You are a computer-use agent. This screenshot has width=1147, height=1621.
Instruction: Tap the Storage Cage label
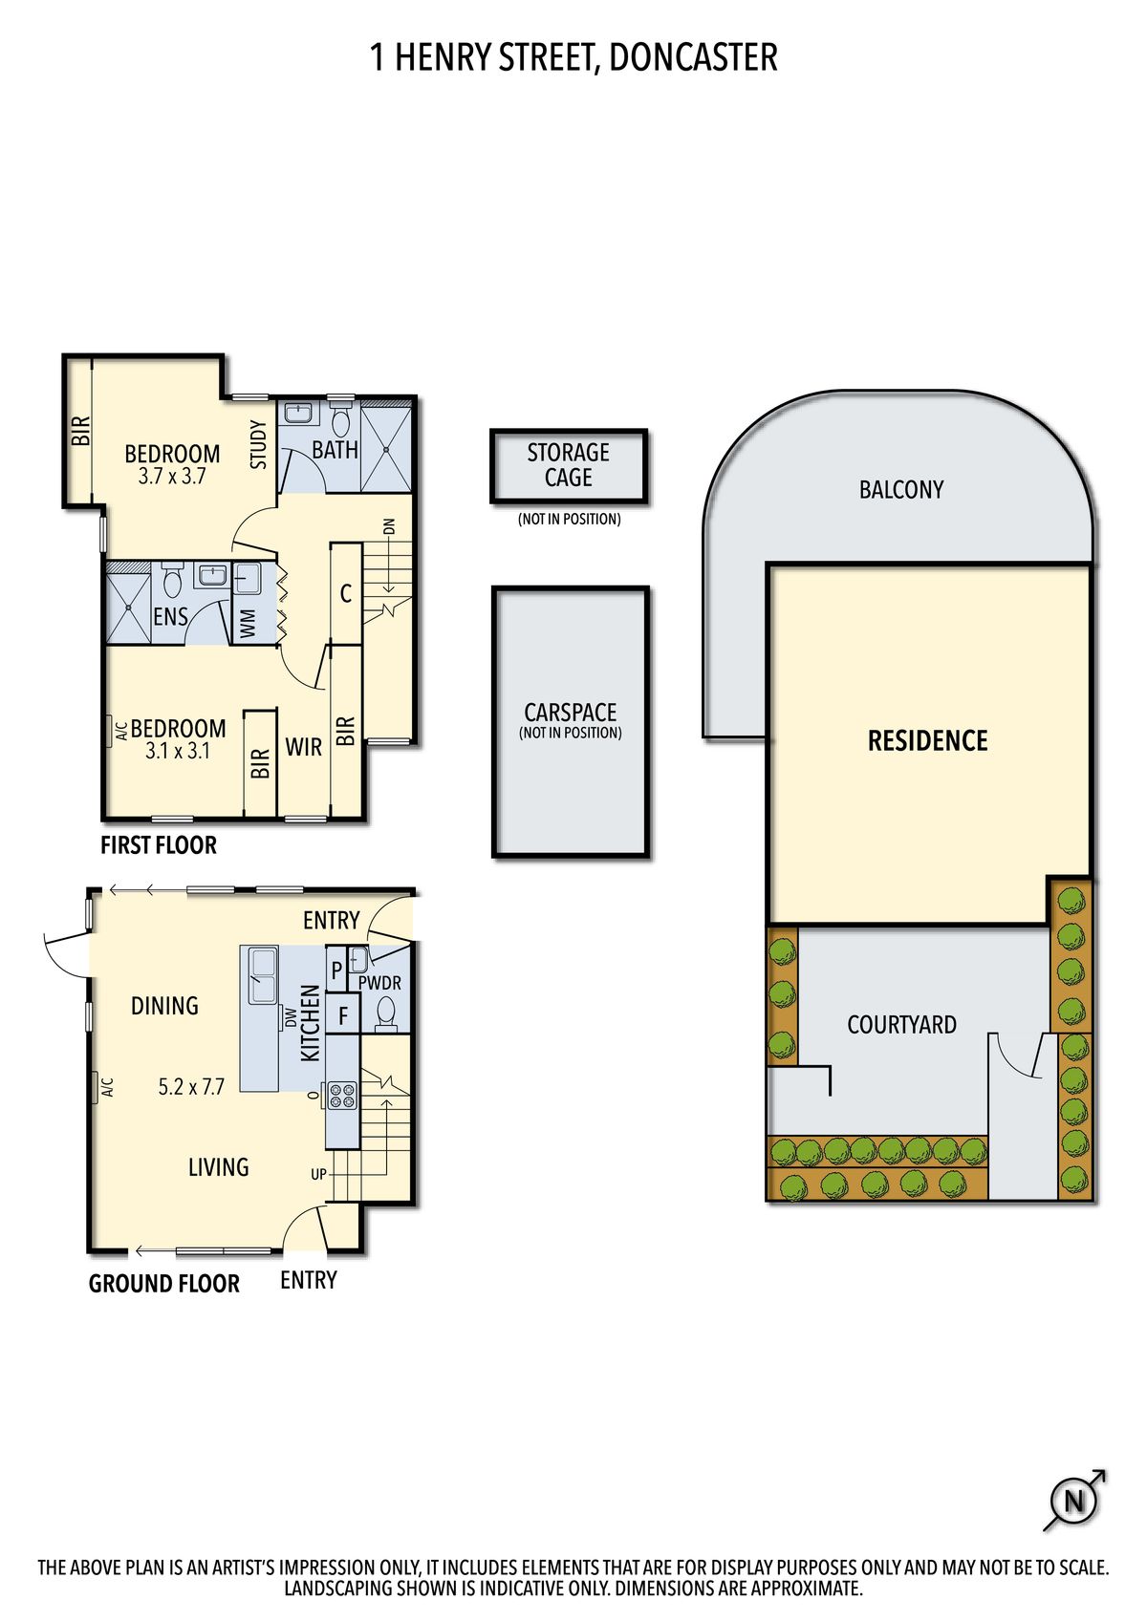point(569,464)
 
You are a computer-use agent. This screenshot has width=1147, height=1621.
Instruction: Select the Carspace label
point(571,712)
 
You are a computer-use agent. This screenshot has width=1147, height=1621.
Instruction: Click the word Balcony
point(901,490)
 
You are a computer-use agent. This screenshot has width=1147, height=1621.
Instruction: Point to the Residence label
point(927,740)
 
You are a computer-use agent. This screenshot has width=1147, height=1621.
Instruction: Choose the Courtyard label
point(901,1025)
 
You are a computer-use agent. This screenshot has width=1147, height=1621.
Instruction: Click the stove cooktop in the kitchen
point(342,1095)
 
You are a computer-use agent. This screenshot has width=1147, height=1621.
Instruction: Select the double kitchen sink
point(263,974)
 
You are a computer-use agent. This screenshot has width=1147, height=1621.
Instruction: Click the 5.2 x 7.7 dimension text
point(191,1087)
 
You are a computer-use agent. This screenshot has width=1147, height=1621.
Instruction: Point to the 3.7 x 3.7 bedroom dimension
point(172,476)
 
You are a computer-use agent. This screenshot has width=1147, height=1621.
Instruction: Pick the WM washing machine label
point(248,624)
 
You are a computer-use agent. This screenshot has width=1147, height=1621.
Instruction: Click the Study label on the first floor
point(258,444)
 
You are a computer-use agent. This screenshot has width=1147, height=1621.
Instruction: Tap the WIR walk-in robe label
point(303,747)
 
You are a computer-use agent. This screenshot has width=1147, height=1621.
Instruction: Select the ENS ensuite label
point(171,616)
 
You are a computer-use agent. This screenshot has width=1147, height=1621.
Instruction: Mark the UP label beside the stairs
point(318,1174)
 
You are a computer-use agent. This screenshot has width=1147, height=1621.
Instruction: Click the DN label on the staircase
point(390,526)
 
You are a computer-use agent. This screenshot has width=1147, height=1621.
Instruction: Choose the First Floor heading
point(159,845)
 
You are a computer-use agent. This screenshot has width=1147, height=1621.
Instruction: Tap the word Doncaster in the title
point(693,57)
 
